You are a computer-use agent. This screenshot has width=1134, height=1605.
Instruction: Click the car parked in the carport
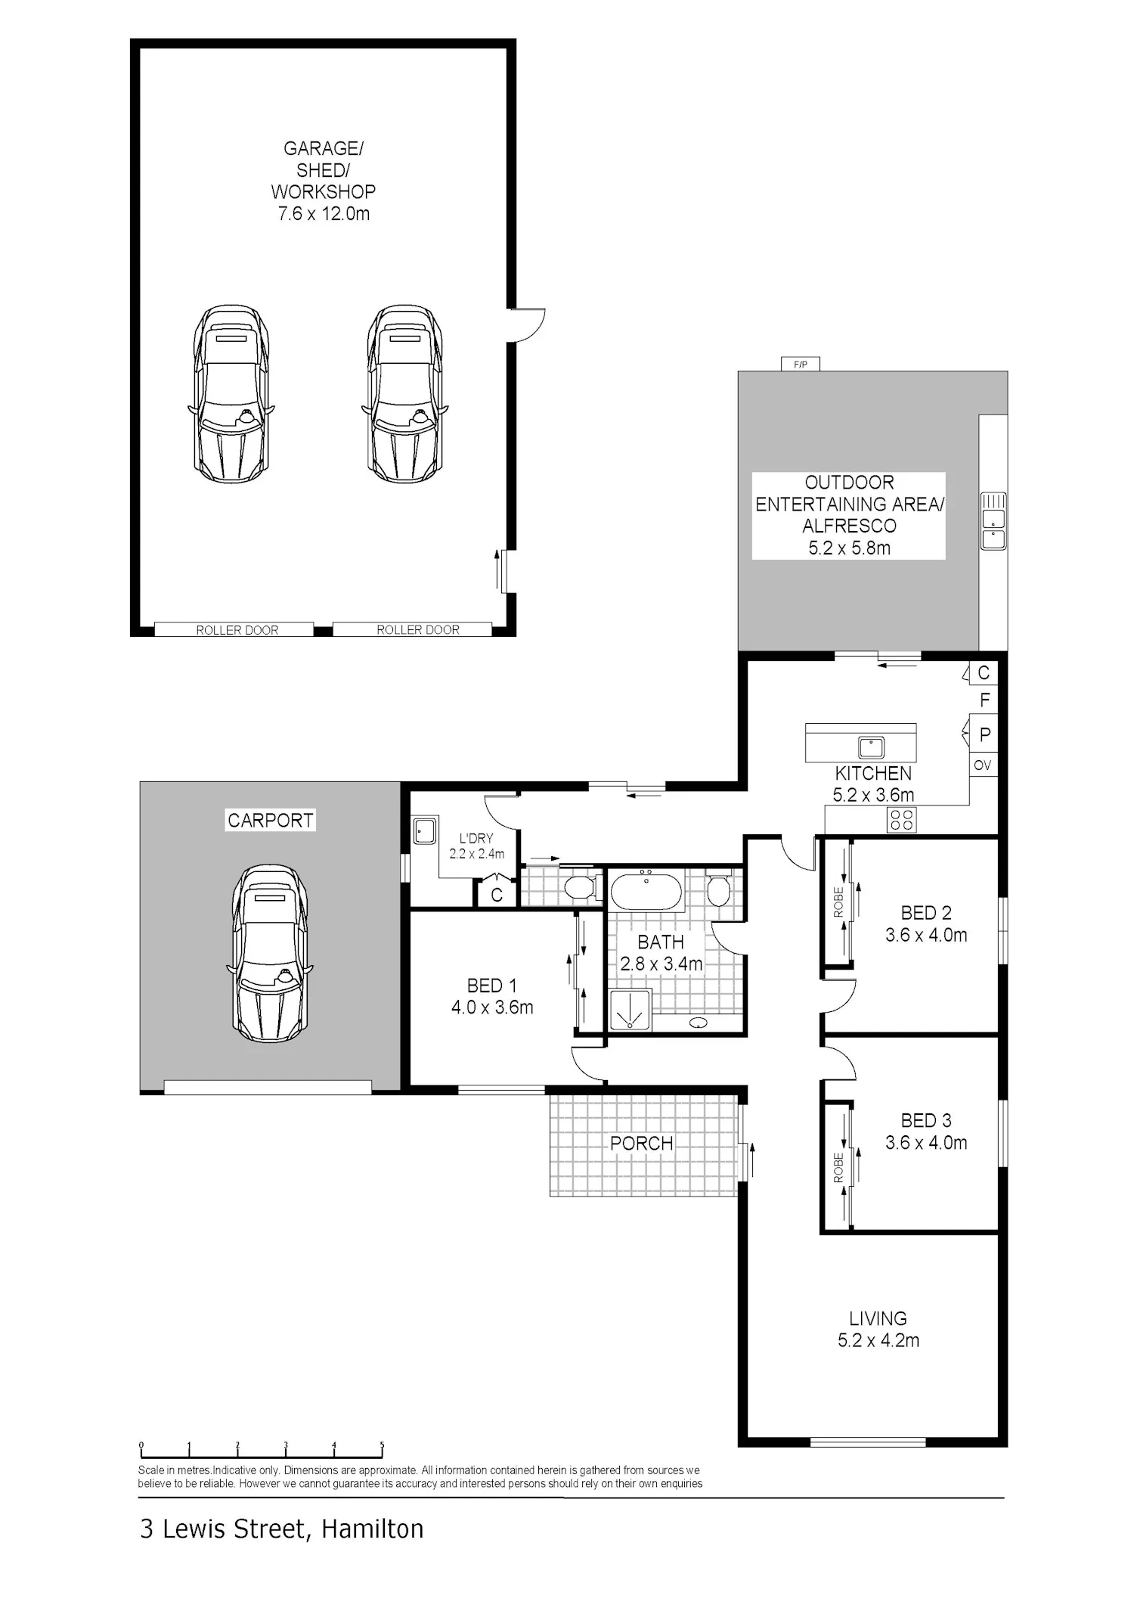pyautogui.click(x=269, y=953)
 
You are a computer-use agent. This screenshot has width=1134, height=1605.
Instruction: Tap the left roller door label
pyautogui.click(x=237, y=630)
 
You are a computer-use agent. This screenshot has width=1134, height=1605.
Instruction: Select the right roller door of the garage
pyautogui.click(x=413, y=629)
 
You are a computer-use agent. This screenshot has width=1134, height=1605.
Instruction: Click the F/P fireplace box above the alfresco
pyautogui.click(x=801, y=365)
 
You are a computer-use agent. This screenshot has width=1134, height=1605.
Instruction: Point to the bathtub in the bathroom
pyautogui.click(x=646, y=889)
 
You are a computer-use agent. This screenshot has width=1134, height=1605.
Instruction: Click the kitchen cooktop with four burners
pyautogui.click(x=901, y=819)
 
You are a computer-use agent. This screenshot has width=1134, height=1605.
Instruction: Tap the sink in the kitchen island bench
pyautogui.click(x=871, y=747)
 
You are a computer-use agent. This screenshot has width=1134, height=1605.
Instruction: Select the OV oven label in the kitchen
pyautogui.click(x=982, y=765)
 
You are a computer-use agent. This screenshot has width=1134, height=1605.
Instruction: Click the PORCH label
pyautogui.click(x=641, y=1144)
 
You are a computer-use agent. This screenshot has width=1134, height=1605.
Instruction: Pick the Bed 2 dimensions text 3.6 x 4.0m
pyautogui.click(x=926, y=936)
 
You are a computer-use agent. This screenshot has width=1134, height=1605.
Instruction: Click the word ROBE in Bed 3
pyautogui.click(x=838, y=1168)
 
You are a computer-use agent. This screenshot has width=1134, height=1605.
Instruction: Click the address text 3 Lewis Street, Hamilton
pyautogui.click(x=281, y=1529)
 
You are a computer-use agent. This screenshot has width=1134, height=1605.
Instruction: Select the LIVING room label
pyautogui.click(x=878, y=1318)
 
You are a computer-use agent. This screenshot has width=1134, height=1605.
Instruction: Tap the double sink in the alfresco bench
pyautogui.click(x=993, y=520)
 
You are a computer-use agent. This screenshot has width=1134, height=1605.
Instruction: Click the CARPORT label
pyautogui.click(x=270, y=820)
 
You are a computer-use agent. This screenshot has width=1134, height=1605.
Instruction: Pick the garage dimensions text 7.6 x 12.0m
pyautogui.click(x=324, y=214)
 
